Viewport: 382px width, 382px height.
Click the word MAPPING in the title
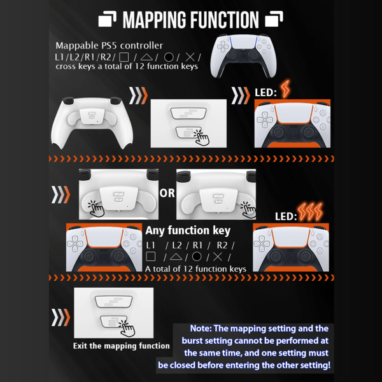155,20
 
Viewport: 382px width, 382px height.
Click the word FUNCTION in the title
224,20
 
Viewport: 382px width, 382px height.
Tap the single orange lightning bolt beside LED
285,88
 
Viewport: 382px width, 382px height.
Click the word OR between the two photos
167,193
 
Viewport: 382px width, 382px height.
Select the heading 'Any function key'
188,230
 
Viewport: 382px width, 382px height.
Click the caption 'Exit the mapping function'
122,346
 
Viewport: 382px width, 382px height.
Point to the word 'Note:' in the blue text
201,329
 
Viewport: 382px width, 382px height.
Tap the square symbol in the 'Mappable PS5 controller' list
124,57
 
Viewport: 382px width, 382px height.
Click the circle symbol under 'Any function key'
197,257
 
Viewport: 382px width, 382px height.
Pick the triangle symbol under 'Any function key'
176,257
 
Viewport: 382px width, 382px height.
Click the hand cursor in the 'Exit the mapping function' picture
127,329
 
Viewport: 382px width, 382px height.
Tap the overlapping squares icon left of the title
108,18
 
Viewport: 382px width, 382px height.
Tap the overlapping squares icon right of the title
274,18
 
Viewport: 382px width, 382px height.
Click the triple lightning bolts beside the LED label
311,211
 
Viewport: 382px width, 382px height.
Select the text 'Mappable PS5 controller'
109,46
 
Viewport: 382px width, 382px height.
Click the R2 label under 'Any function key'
222,245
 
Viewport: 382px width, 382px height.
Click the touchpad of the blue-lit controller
243,42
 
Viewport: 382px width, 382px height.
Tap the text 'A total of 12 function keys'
195,269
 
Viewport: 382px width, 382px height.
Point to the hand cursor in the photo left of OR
96,209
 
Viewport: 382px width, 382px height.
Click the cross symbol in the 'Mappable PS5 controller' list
190,57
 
